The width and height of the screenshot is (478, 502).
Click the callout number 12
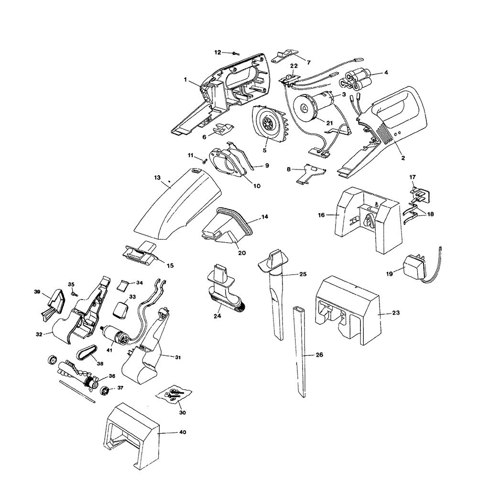(x=217, y=52)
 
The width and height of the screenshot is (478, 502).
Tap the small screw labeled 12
(x=236, y=53)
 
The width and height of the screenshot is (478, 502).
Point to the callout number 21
(x=329, y=123)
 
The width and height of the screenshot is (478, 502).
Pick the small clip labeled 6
(x=222, y=128)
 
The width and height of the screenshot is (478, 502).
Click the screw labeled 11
(x=203, y=161)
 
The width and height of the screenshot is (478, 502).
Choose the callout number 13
(x=157, y=178)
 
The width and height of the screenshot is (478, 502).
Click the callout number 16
(x=321, y=215)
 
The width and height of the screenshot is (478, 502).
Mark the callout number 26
(x=319, y=355)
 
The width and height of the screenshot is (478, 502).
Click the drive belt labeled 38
(x=87, y=353)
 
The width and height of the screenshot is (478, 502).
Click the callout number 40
(x=182, y=432)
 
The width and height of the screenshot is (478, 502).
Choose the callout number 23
(x=396, y=312)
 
